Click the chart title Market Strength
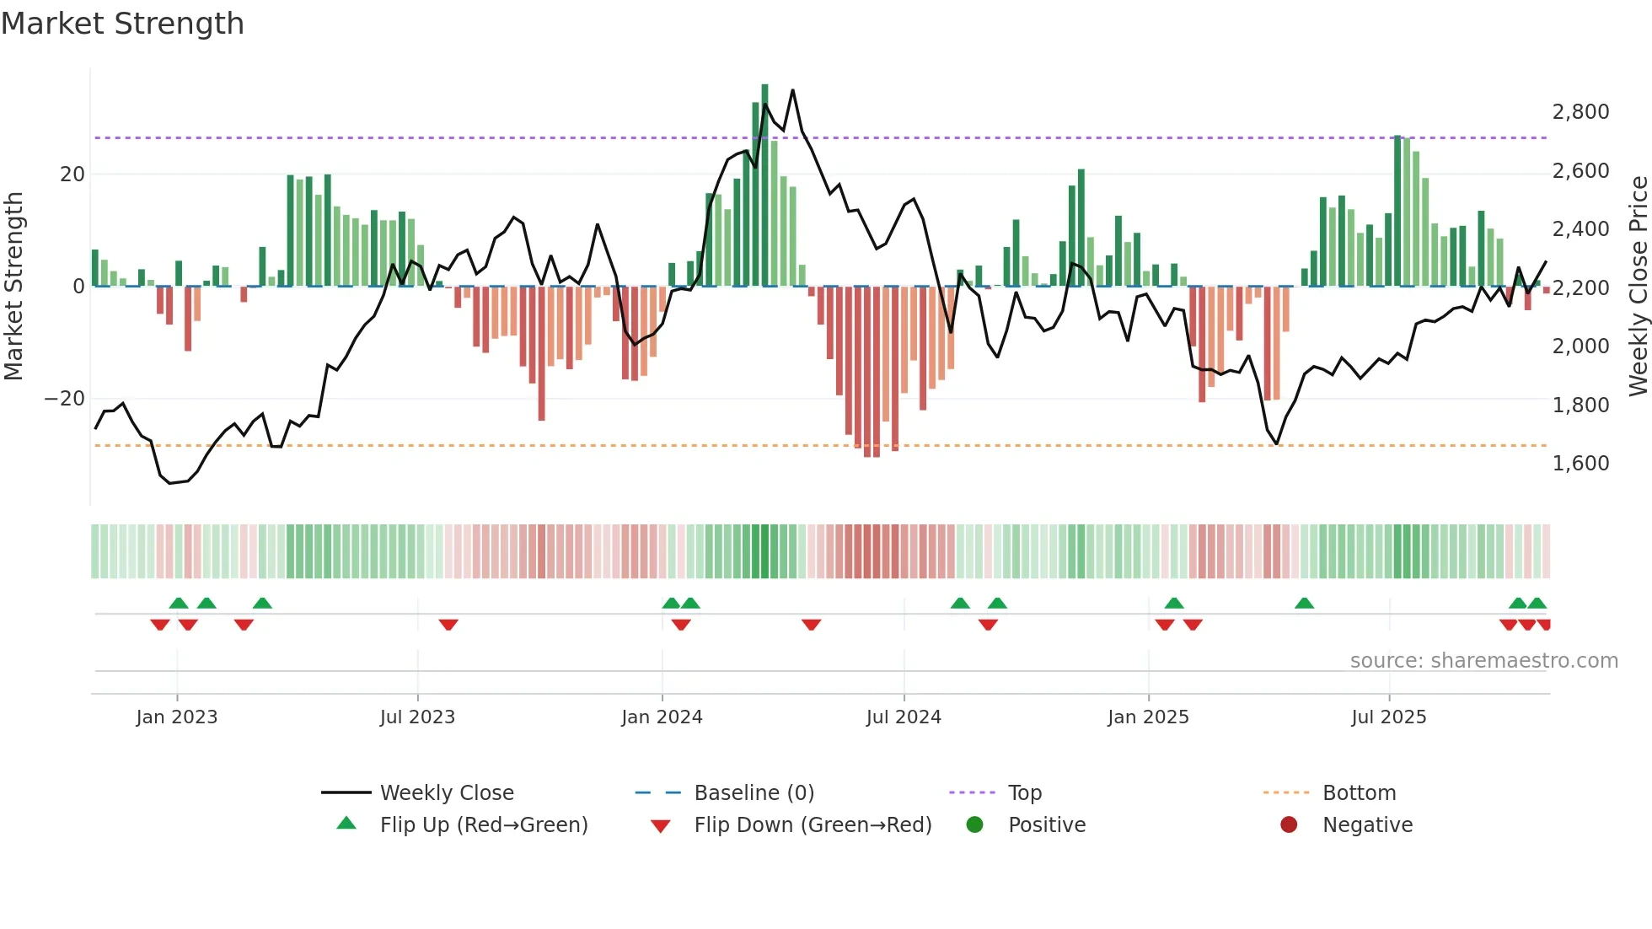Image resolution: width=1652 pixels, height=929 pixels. click(x=122, y=24)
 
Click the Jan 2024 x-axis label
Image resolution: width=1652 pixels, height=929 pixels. click(x=662, y=717)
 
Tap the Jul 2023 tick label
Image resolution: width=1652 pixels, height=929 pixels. click(x=417, y=717)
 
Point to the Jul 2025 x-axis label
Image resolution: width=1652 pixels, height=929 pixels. click(x=1388, y=717)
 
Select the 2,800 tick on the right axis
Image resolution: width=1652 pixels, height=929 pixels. click(x=1580, y=112)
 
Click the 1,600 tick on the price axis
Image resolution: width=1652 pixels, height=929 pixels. click(x=1580, y=464)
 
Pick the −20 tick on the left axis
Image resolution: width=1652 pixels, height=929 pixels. click(x=64, y=399)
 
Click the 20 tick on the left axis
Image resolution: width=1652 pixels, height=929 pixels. click(x=72, y=175)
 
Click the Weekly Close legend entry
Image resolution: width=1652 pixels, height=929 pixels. click(x=446, y=793)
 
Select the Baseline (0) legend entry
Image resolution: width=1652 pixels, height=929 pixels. click(x=754, y=793)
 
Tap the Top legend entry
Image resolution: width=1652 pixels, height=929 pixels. click(x=1024, y=793)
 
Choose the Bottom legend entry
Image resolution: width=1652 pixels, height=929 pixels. click(x=1359, y=793)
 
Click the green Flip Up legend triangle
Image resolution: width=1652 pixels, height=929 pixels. click(x=346, y=824)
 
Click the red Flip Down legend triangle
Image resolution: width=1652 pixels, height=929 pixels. click(x=661, y=826)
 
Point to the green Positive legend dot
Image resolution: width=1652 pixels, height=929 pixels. click(x=974, y=825)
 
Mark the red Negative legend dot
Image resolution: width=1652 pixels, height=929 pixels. click(x=1289, y=825)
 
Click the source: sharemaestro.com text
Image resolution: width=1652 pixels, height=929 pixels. click(x=1483, y=661)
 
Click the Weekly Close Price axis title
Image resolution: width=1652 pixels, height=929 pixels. click(x=1638, y=287)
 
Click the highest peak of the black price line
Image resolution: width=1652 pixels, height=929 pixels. click(x=792, y=91)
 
